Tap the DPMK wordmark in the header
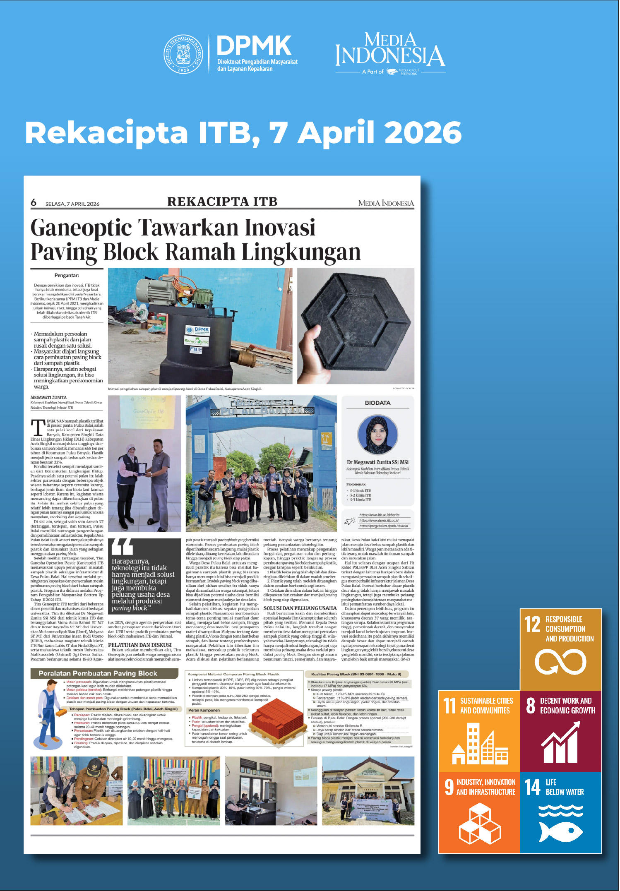pyautogui.click(x=254, y=46)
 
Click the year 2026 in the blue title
pyautogui.click(x=423, y=133)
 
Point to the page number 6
pyautogui.click(x=34, y=202)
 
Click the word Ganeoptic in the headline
pyautogui.click(x=81, y=228)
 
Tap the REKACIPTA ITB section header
pyautogui.click(x=222, y=202)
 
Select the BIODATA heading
pyautogui.click(x=377, y=403)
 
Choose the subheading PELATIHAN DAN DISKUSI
pyautogui.click(x=139, y=645)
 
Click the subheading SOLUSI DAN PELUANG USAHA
pyautogui.click(x=300, y=608)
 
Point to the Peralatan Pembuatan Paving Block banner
pyautogui.click(x=98, y=673)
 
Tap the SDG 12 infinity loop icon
pyautogui.click(x=560, y=661)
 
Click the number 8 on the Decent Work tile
pyautogui.click(x=530, y=706)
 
